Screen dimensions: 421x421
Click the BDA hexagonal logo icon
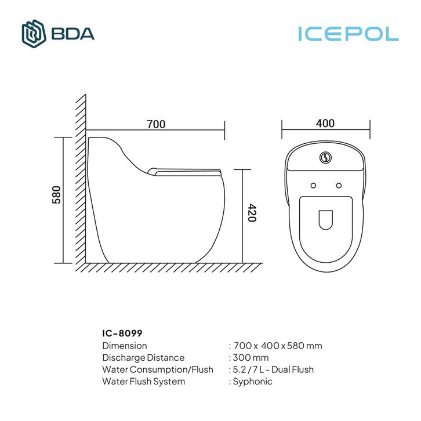(x=34, y=34)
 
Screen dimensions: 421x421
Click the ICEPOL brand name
(x=349, y=34)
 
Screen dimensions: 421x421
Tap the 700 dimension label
(x=156, y=124)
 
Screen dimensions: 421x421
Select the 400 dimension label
(x=325, y=124)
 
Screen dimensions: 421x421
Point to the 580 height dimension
(x=56, y=195)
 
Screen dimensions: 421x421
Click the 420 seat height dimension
(x=252, y=213)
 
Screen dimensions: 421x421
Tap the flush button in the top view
(x=325, y=157)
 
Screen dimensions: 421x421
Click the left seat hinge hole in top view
(x=313, y=186)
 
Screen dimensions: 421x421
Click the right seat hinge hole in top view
(x=339, y=186)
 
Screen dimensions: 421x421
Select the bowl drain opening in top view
(x=326, y=220)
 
